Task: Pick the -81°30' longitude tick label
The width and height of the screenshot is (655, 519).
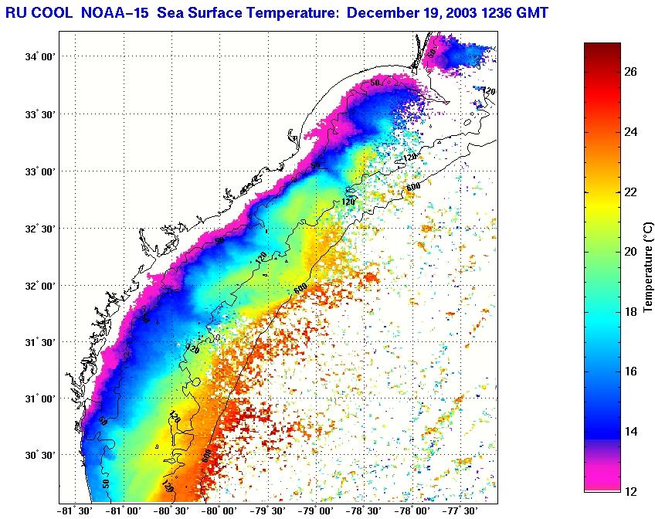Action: [x=76, y=511]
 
